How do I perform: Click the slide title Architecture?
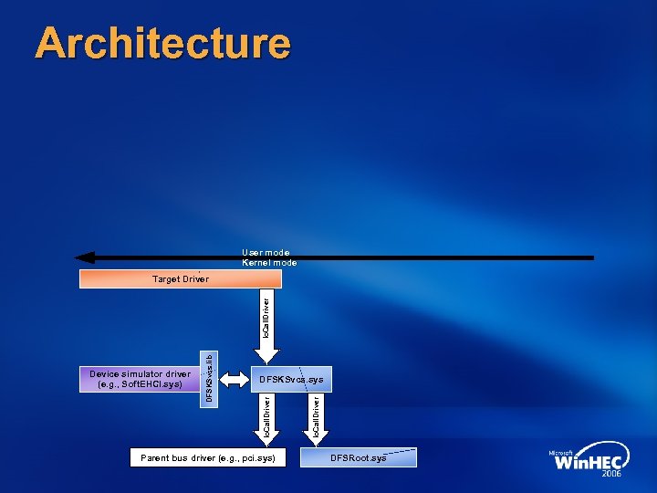pos(162,43)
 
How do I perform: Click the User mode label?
pos(266,252)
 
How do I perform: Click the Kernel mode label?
pos(269,263)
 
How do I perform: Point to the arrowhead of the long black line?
pos(84,257)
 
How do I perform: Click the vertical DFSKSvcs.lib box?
pos(209,379)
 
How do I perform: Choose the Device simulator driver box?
pos(140,379)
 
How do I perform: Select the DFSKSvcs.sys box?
pos(290,379)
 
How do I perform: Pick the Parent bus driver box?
pos(207,456)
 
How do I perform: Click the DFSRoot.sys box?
pos(359,456)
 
